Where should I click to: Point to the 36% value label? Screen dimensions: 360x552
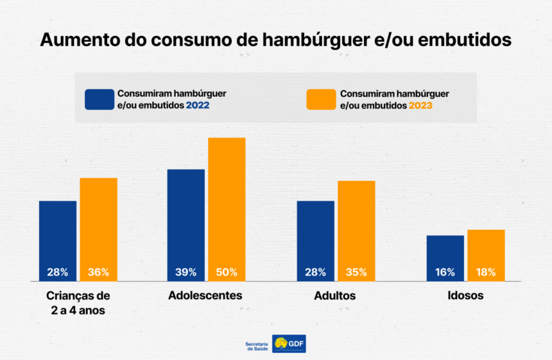pyautogui.click(x=98, y=272)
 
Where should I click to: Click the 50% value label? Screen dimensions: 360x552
pyautogui.click(x=227, y=272)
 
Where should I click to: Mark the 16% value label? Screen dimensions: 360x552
pyautogui.click(x=445, y=272)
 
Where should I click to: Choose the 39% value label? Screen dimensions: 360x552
pyautogui.click(x=186, y=272)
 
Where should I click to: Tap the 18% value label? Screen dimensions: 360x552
pyautogui.click(x=486, y=272)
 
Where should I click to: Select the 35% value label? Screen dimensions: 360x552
pyautogui.click(x=356, y=272)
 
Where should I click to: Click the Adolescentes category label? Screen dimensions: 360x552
pyautogui.click(x=205, y=296)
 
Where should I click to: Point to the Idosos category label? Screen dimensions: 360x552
pyautogui.click(x=465, y=296)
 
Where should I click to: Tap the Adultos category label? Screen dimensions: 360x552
pyautogui.click(x=335, y=296)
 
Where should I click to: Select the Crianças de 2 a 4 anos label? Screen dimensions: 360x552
pyautogui.click(x=78, y=303)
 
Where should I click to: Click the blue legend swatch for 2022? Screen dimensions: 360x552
pyautogui.click(x=99, y=99)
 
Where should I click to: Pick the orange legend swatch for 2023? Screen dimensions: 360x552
pyautogui.click(x=320, y=99)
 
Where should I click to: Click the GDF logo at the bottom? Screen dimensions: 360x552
pyautogui.click(x=289, y=344)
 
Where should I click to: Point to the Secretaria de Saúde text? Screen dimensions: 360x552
pyautogui.click(x=257, y=345)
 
